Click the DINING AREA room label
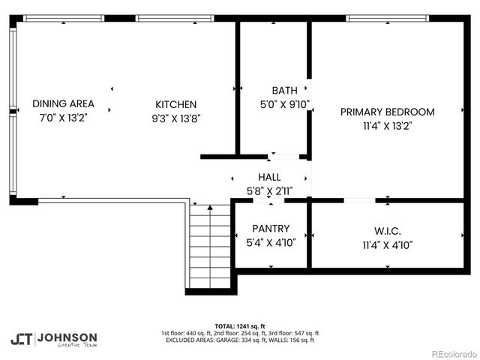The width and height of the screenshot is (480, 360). (63, 103)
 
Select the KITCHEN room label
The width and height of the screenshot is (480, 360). (175, 104)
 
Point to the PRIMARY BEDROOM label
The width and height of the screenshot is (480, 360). (387, 112)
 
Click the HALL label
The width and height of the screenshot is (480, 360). (269, 177)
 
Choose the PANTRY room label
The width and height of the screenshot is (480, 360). (271, 228)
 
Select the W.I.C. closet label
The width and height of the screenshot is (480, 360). (387, 229)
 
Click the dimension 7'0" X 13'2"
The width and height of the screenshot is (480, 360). (63, 118)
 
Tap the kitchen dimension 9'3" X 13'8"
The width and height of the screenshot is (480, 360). (175, 118)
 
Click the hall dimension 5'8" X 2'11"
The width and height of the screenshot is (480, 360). (269, 191)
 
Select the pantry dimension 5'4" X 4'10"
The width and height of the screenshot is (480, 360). (271, 243)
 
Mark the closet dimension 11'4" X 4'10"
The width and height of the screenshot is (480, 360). (387, 244)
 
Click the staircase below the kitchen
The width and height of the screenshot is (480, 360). (210, 247)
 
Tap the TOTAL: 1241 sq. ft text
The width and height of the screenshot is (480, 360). (239, 326)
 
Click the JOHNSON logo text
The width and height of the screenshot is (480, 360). (67, 337)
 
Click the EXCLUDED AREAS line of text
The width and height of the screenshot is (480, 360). (239, 340)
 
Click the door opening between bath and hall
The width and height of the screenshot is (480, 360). (284, 157)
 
